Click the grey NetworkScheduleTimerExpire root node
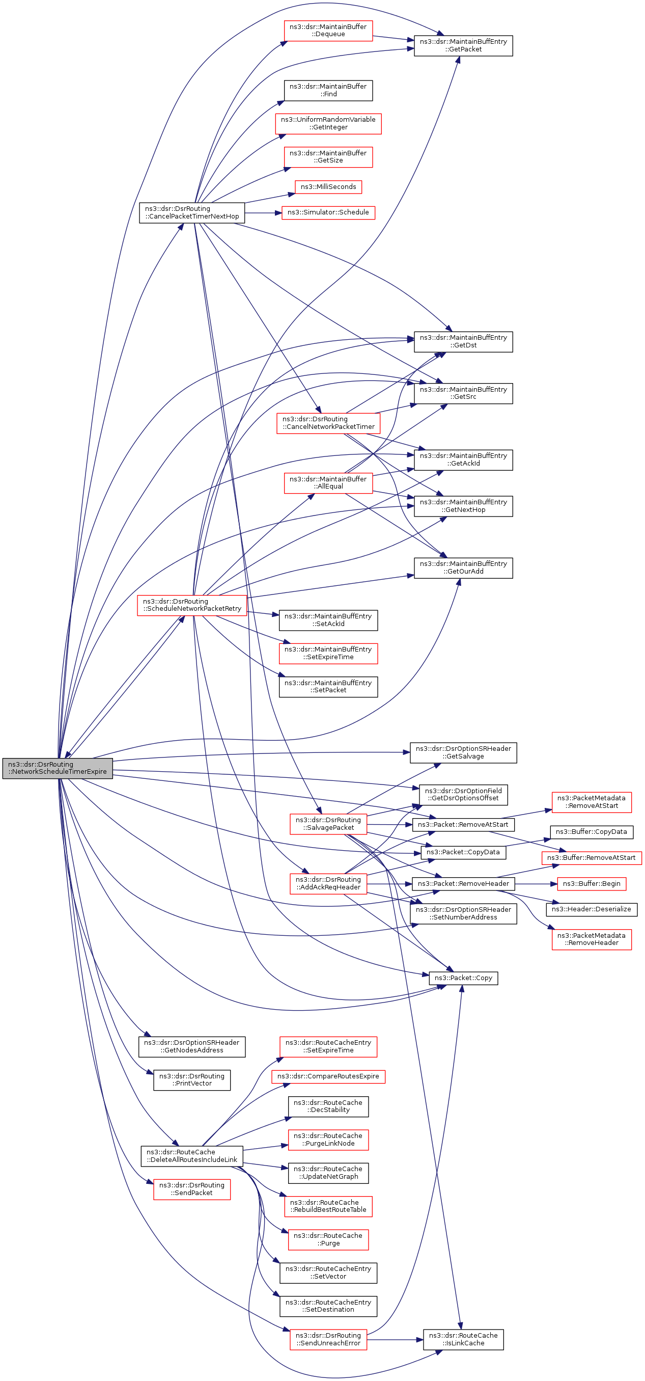(58, 768)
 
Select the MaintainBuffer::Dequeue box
(328, 31)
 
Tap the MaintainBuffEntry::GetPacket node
(463, 45)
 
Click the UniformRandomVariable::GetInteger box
(328, 123)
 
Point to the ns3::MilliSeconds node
(328, 186)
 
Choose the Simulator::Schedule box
(328, 212)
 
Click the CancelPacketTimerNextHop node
(192, 212)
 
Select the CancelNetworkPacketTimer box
(328, 422)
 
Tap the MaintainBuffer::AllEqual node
(328, 482)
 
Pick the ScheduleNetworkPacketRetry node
(192, 605)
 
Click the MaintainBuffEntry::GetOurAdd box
(463, 567)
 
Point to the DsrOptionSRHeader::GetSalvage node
(463, 752)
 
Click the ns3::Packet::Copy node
(463, 978)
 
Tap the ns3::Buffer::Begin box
(592, 883)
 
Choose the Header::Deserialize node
(592, 909)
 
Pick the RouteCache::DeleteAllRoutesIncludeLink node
(192, 1155)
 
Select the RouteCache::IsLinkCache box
(463, 1339)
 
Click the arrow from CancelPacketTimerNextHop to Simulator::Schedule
(263, 213)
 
